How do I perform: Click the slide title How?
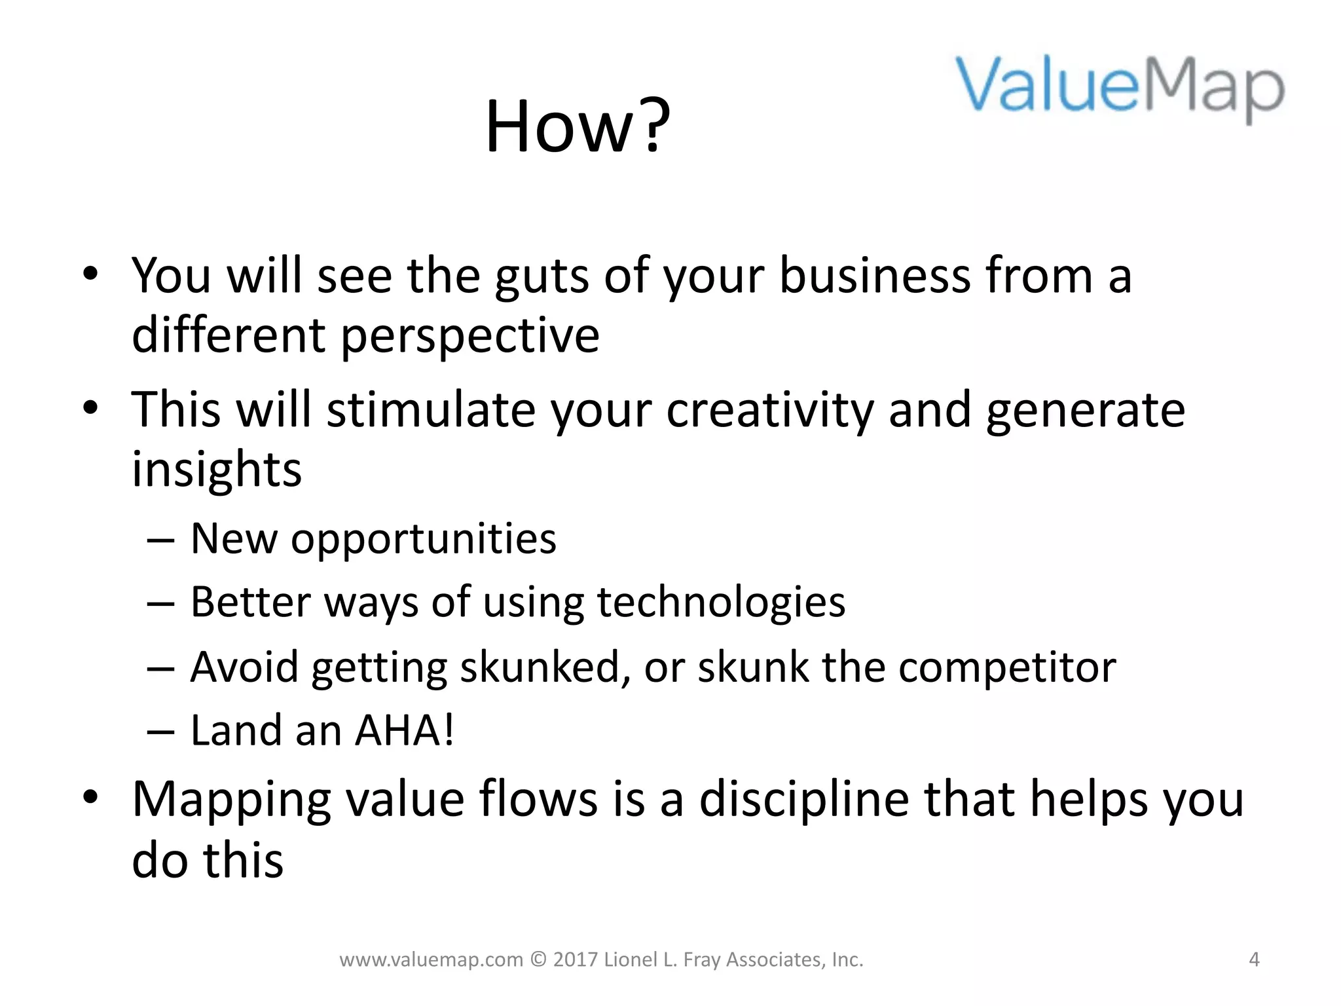tap(578, 126)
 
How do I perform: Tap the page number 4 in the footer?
tap(1254, 959)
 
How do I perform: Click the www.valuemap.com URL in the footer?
tap(431, 959)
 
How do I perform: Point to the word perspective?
tap(469, 335)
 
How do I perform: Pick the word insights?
tap(217, 470)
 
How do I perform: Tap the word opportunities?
tap(423, 539)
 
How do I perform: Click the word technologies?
tap(721, 603)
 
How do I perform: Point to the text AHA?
tap(404, 730)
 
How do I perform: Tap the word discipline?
tap(804, 800)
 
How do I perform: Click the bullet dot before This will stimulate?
tap(90, 408)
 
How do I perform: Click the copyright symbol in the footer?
tap(538, 959)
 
